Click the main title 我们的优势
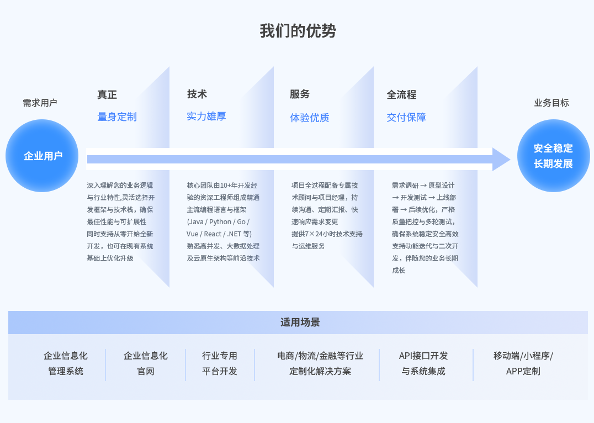tap(298, 31)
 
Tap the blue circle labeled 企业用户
tap(42, 156)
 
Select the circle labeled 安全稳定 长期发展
tap(553, 156)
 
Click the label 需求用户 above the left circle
tap(40, 103)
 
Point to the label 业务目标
tap(551, 103)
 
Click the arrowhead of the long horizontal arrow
tap(501, 159)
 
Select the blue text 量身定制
tap(117, 117)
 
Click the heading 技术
tap(197, 94)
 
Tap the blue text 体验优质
tap(310, 118)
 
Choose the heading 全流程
tap(401, 94)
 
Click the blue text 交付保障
tap(406, 118)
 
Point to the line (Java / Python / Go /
tap(218, 221)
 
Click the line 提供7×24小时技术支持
tap(327, 234)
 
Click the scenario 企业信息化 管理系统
tap(66, 363)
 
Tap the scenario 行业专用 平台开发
tap(219, 363)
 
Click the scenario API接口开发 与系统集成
tap(423, 363)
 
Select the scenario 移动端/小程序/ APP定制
tap(523, 363)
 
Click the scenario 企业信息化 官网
tap(146, 363)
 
